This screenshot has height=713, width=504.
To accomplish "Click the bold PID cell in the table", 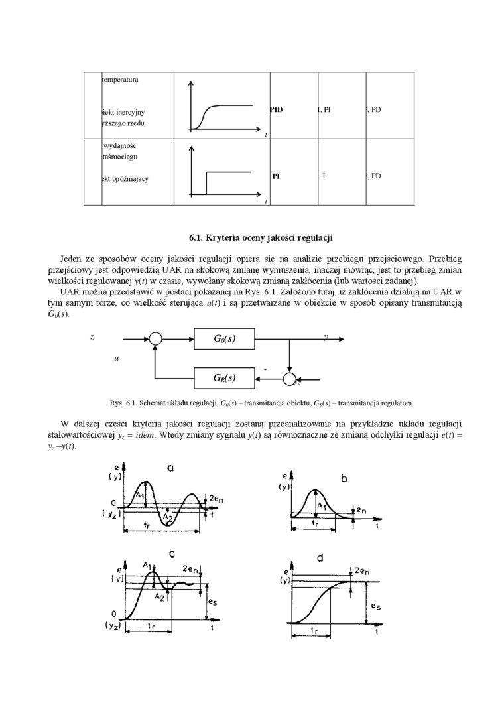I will (x=276, y=110).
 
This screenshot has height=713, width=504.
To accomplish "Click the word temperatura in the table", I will (x=120, y=80).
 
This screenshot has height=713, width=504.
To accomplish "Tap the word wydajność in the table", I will (x=120, y=145).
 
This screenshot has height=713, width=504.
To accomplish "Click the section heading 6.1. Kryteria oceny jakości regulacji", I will (x=261, y=237).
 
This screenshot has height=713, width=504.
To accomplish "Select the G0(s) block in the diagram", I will (x=225, y=338).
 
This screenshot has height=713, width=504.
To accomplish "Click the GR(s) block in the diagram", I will (x=225, y=378).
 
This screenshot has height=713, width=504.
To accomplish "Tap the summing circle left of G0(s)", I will (x=155, y=338).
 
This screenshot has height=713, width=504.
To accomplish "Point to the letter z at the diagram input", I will (x=92, y=337).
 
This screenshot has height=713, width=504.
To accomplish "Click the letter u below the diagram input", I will (x=116, y=358).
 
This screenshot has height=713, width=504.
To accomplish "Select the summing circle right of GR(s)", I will (x=290, y=379).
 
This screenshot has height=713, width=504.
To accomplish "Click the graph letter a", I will (x=170, y=468).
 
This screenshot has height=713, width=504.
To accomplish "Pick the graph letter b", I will (x=344, y=478).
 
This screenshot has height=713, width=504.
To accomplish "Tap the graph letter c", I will (x=172, y=554).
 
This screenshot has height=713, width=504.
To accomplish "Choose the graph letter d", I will (x=320, y=558).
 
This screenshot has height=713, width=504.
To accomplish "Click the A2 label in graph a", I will (x=168, y=518).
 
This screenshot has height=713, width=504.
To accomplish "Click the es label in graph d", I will (x=375, y=606).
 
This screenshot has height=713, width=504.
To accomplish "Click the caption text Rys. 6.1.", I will (x=124, y=403).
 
